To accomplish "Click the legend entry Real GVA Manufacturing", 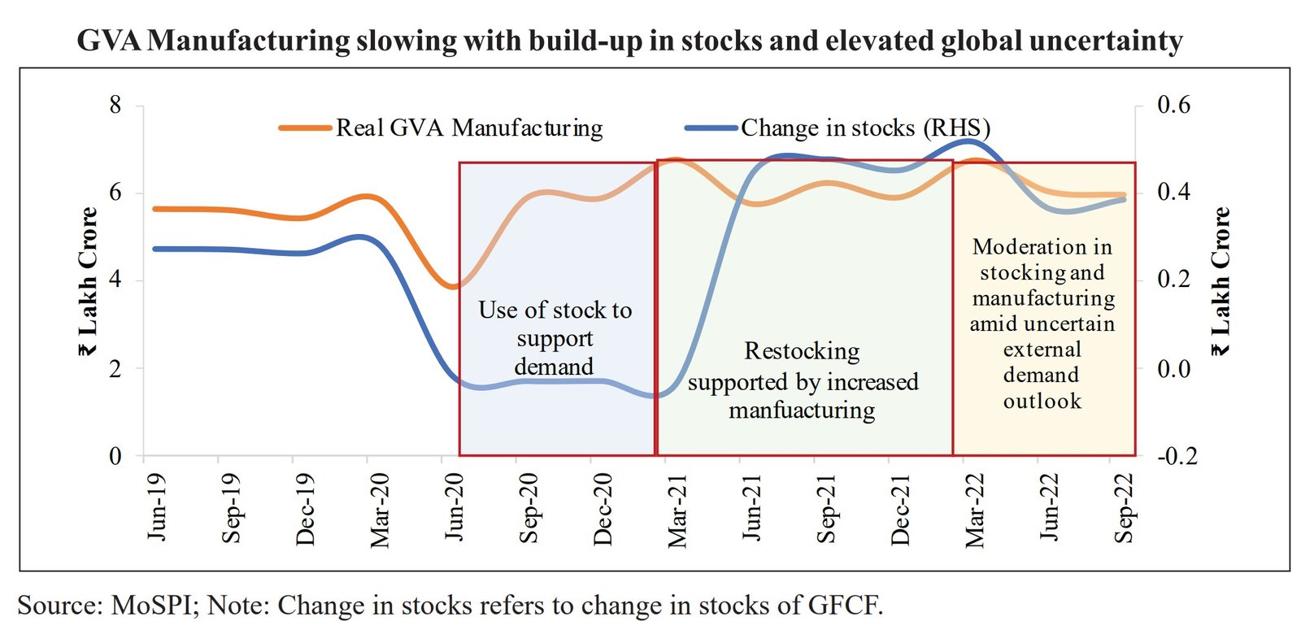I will [x=469, y=128].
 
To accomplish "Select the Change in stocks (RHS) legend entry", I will [x=864, y=128].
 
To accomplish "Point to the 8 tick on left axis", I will [x=115, y=105].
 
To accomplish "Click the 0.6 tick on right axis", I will [x=1173, y=105].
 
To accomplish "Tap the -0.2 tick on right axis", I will [x=1176, y=456].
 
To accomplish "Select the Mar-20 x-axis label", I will [x=379, y=510].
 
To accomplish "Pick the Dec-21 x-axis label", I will [x=899, y=510].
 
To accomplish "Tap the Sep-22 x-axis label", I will [x=1123, y=509].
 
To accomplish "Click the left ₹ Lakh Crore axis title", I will [x=88, y=281].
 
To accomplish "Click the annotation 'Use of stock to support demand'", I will [x=555, y=338].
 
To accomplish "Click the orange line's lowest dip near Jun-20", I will [x=453, y=286].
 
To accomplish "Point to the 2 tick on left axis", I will [x=115, y=368].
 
